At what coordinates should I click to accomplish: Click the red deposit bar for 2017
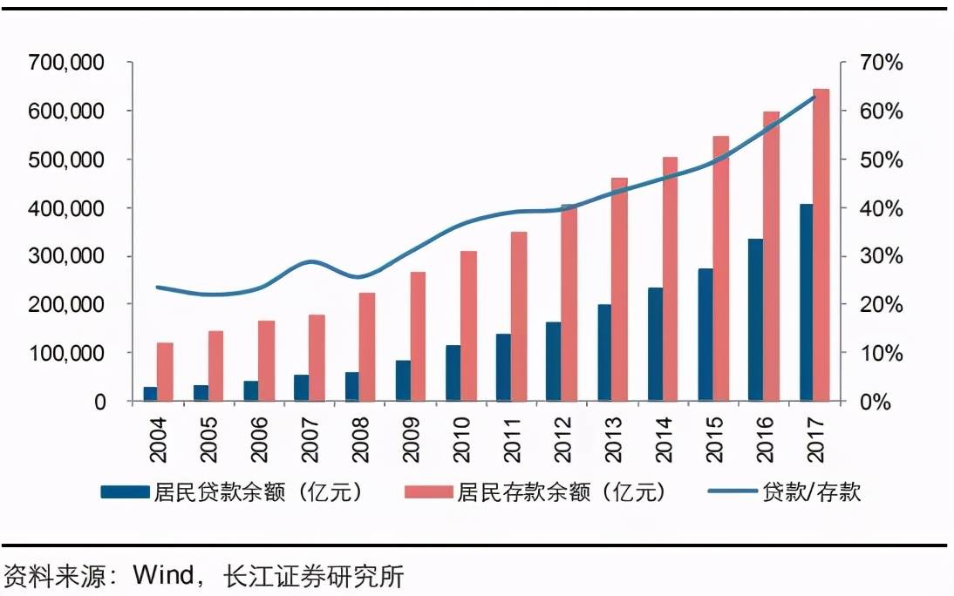coord(821,245)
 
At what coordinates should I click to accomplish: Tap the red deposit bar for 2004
coord(165,372)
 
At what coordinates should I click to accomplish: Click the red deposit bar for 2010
coord(468,326)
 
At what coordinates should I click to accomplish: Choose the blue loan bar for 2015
coord(705,335)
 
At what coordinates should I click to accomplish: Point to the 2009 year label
coord(411,437)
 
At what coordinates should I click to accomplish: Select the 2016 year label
coord(764,437)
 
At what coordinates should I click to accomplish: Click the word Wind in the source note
coord(164,576)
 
